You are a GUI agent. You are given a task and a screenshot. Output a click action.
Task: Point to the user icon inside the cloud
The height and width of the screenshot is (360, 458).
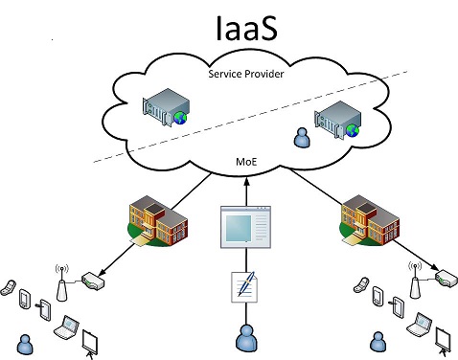point(304,139)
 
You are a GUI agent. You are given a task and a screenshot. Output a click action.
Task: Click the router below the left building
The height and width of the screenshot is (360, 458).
point(92,281)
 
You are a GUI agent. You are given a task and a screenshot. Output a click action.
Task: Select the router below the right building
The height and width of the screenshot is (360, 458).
point(446,280)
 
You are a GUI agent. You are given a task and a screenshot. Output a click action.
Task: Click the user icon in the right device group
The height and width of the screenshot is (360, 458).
point(377,341)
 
